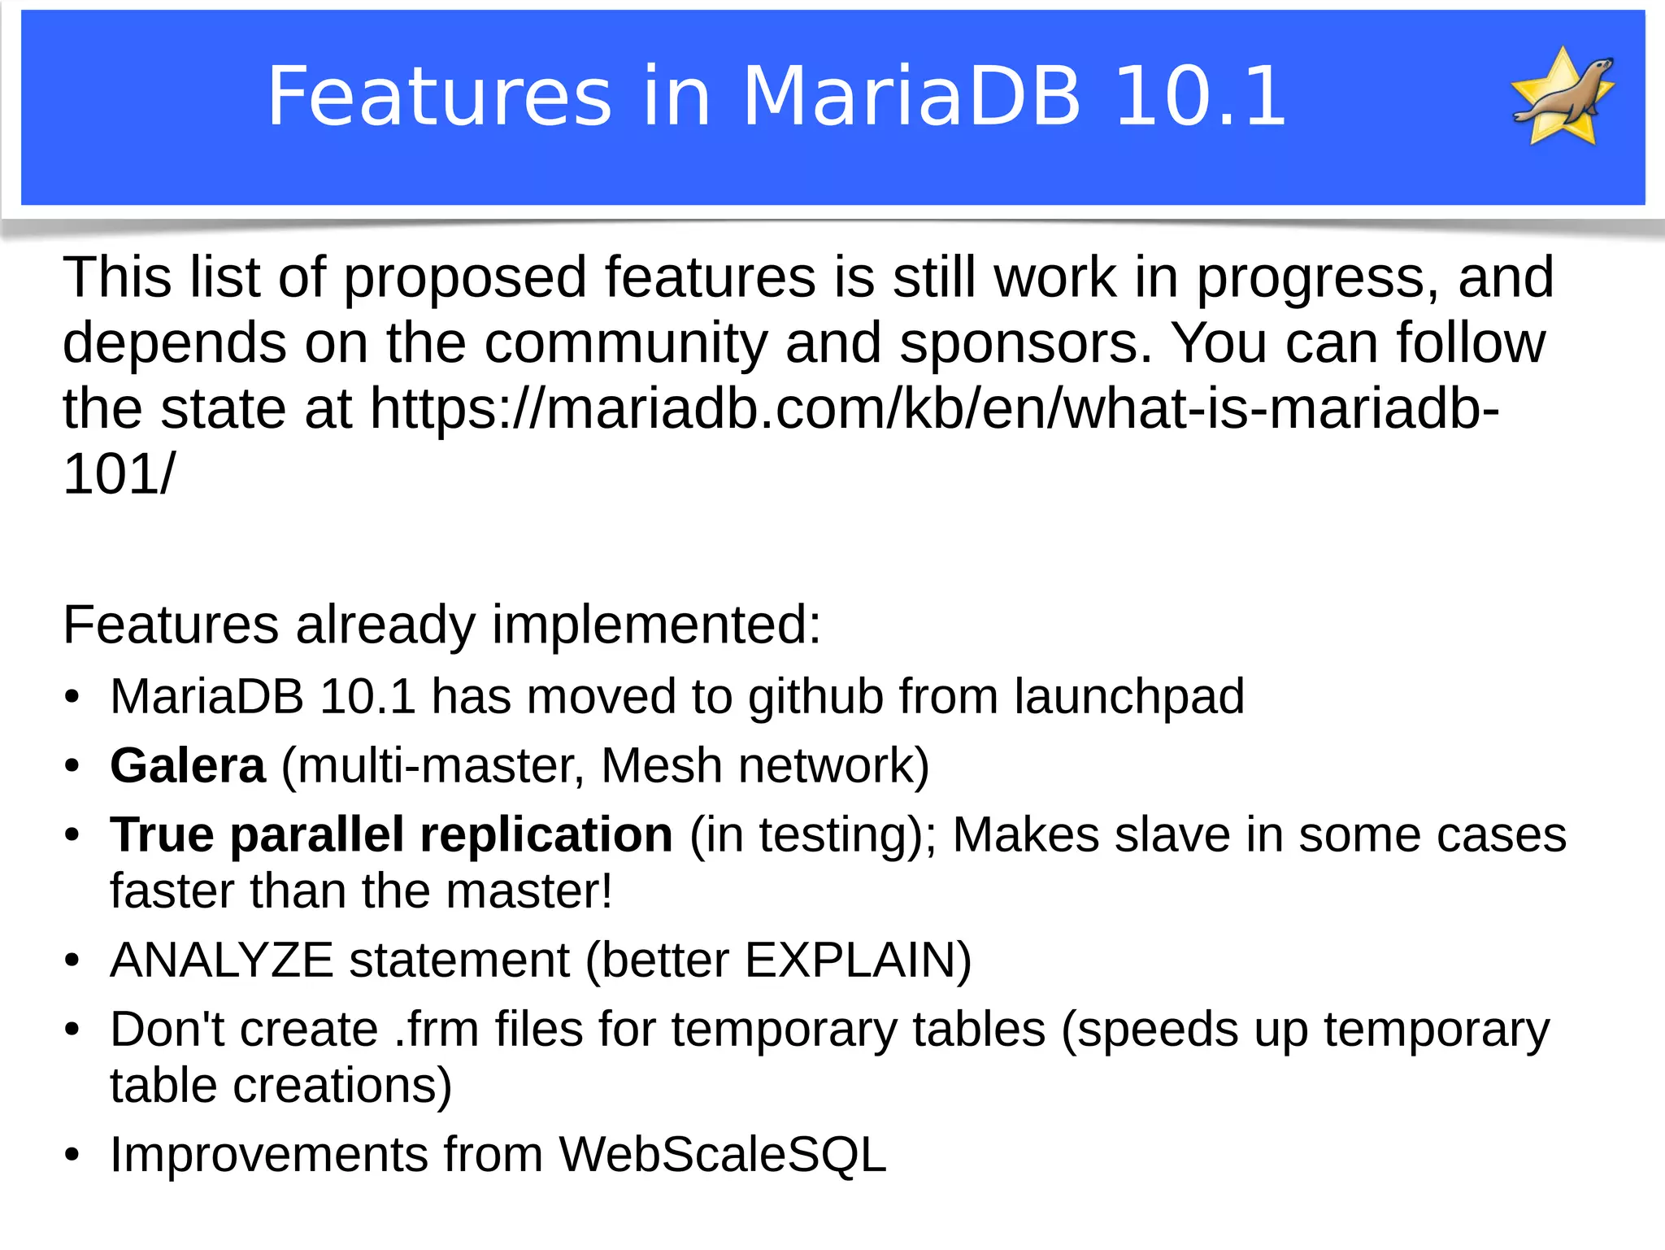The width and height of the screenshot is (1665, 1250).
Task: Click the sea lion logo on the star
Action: point(1563,95)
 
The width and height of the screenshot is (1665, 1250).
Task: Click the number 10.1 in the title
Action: point(1200,97)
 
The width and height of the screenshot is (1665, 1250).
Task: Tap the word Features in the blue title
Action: point(439,97)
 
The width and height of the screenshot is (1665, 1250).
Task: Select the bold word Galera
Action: point(188,766)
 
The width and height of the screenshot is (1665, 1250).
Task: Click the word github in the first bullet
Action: point(815,697)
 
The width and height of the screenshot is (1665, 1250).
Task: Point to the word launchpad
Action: point(1129,697)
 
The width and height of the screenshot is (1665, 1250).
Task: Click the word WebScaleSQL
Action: point(723,1154)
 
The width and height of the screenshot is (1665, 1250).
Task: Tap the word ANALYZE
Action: point(222,960)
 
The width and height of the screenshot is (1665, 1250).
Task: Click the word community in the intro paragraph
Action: point(626,342)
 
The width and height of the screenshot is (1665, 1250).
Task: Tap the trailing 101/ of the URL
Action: point(119,474)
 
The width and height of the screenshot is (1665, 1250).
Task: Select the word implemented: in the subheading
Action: point(657,625)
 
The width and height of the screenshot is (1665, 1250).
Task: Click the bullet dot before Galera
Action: point(72,766)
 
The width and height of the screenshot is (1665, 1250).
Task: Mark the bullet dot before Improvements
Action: point(72,1155)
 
